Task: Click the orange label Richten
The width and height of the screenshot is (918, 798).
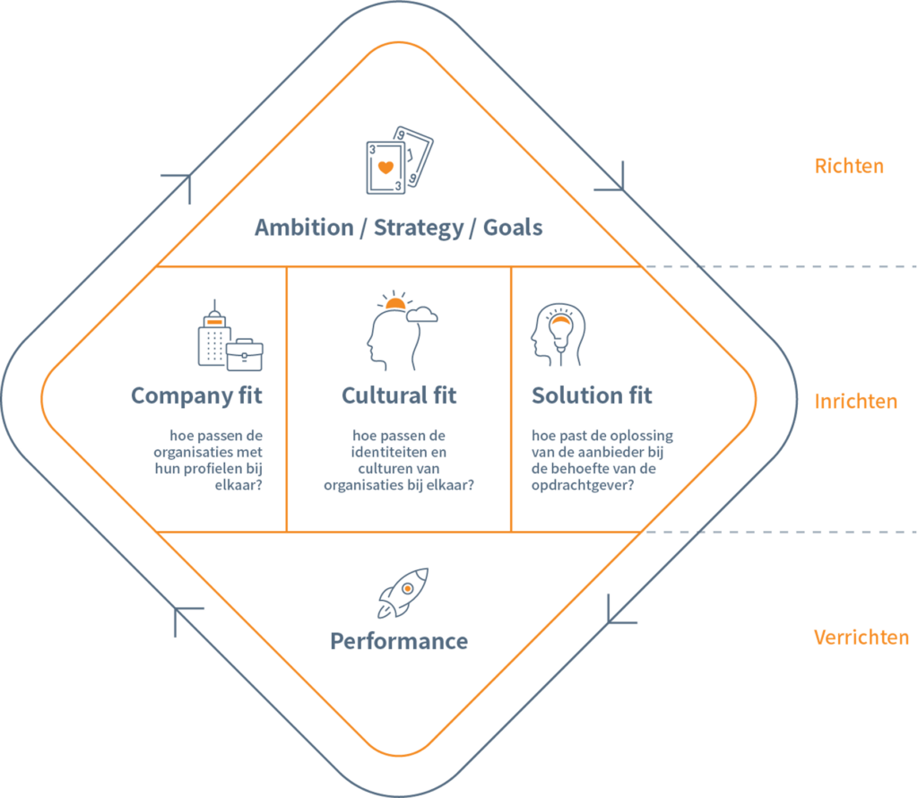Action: tap(848, 166)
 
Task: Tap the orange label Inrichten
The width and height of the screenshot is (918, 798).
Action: tap(854, 401)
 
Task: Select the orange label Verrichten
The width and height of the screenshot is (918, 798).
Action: tap(860, 638)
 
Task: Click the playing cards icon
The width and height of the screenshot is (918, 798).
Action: tap(398, 160)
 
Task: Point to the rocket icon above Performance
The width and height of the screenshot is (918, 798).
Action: tap(403, 593)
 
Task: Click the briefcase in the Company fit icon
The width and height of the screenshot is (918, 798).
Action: tap(244, 355)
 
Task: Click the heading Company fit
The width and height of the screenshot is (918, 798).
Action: tap(196, 395)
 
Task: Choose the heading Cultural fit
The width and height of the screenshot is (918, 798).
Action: tap(399, 395)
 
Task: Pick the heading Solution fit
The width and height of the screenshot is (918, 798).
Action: tap(592, 395)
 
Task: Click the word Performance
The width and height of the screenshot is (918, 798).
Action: tap(399, 641)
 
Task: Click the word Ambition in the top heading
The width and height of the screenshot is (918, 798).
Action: tap(304, 228)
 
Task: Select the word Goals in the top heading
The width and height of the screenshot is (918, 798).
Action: tap(513, 228)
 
